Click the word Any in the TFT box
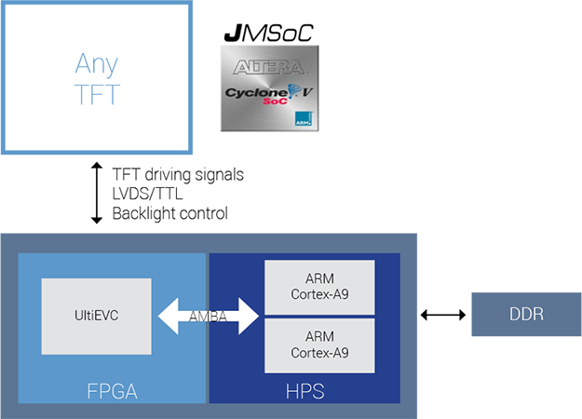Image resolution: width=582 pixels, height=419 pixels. point(97,64)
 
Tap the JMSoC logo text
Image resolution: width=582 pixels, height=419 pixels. point(269,34)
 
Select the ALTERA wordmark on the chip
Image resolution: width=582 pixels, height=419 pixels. point(269,67)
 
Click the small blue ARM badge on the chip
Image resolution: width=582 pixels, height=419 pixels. point(304,119)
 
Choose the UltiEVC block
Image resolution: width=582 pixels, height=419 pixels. point(96,315)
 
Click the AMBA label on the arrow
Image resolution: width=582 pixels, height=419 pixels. point(208,317)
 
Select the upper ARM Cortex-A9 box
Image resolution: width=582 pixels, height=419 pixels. point(319,287)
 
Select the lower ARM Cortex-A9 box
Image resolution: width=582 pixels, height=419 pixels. point(319,345)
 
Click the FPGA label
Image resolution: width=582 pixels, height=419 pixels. point(112,391)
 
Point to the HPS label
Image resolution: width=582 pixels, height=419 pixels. point(305,391)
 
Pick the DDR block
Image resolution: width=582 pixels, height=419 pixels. point(526,315)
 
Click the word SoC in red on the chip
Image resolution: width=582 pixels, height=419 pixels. point(274,103)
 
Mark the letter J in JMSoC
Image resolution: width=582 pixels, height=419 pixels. point(232,34)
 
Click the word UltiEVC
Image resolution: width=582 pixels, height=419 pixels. point(96,315)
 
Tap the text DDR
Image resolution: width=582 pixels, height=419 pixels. point(526,315)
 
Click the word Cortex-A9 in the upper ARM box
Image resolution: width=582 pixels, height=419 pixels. point(319,295)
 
